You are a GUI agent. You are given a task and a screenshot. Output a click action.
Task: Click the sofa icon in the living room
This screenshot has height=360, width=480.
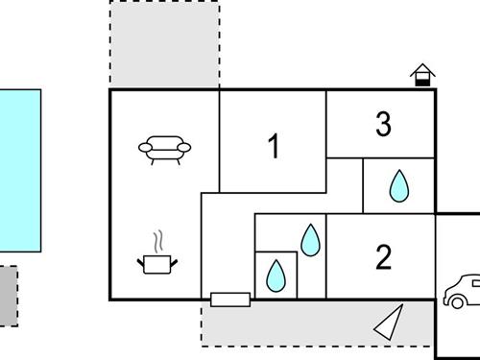pos(165,149)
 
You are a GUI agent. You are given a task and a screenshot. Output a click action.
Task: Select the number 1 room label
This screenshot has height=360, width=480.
pos(274,147)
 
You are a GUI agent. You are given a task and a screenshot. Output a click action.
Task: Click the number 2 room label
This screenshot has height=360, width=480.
pos(383,257)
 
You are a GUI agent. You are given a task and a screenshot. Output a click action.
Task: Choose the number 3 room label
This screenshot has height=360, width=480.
pos(383,125)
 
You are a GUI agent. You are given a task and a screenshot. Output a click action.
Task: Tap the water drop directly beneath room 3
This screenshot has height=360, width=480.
pos(398,186)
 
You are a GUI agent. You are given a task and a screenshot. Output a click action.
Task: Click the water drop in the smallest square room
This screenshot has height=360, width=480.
pos(276,276)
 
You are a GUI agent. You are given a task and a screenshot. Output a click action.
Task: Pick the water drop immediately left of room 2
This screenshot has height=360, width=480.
pos(309,240)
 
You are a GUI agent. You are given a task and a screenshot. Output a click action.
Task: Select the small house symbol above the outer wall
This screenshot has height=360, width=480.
pos(420,76)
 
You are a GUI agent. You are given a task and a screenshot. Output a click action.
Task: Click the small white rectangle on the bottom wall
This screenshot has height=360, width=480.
pos(230,300)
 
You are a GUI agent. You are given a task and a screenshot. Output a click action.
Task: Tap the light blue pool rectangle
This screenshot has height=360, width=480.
pos(20,170)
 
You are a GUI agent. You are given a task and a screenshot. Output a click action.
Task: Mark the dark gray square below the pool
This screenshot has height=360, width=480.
pos(8,296)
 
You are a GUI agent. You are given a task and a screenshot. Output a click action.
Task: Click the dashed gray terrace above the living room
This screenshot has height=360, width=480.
pos(164,44)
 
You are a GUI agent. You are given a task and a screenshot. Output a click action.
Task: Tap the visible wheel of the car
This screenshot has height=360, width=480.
pos(451,300)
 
